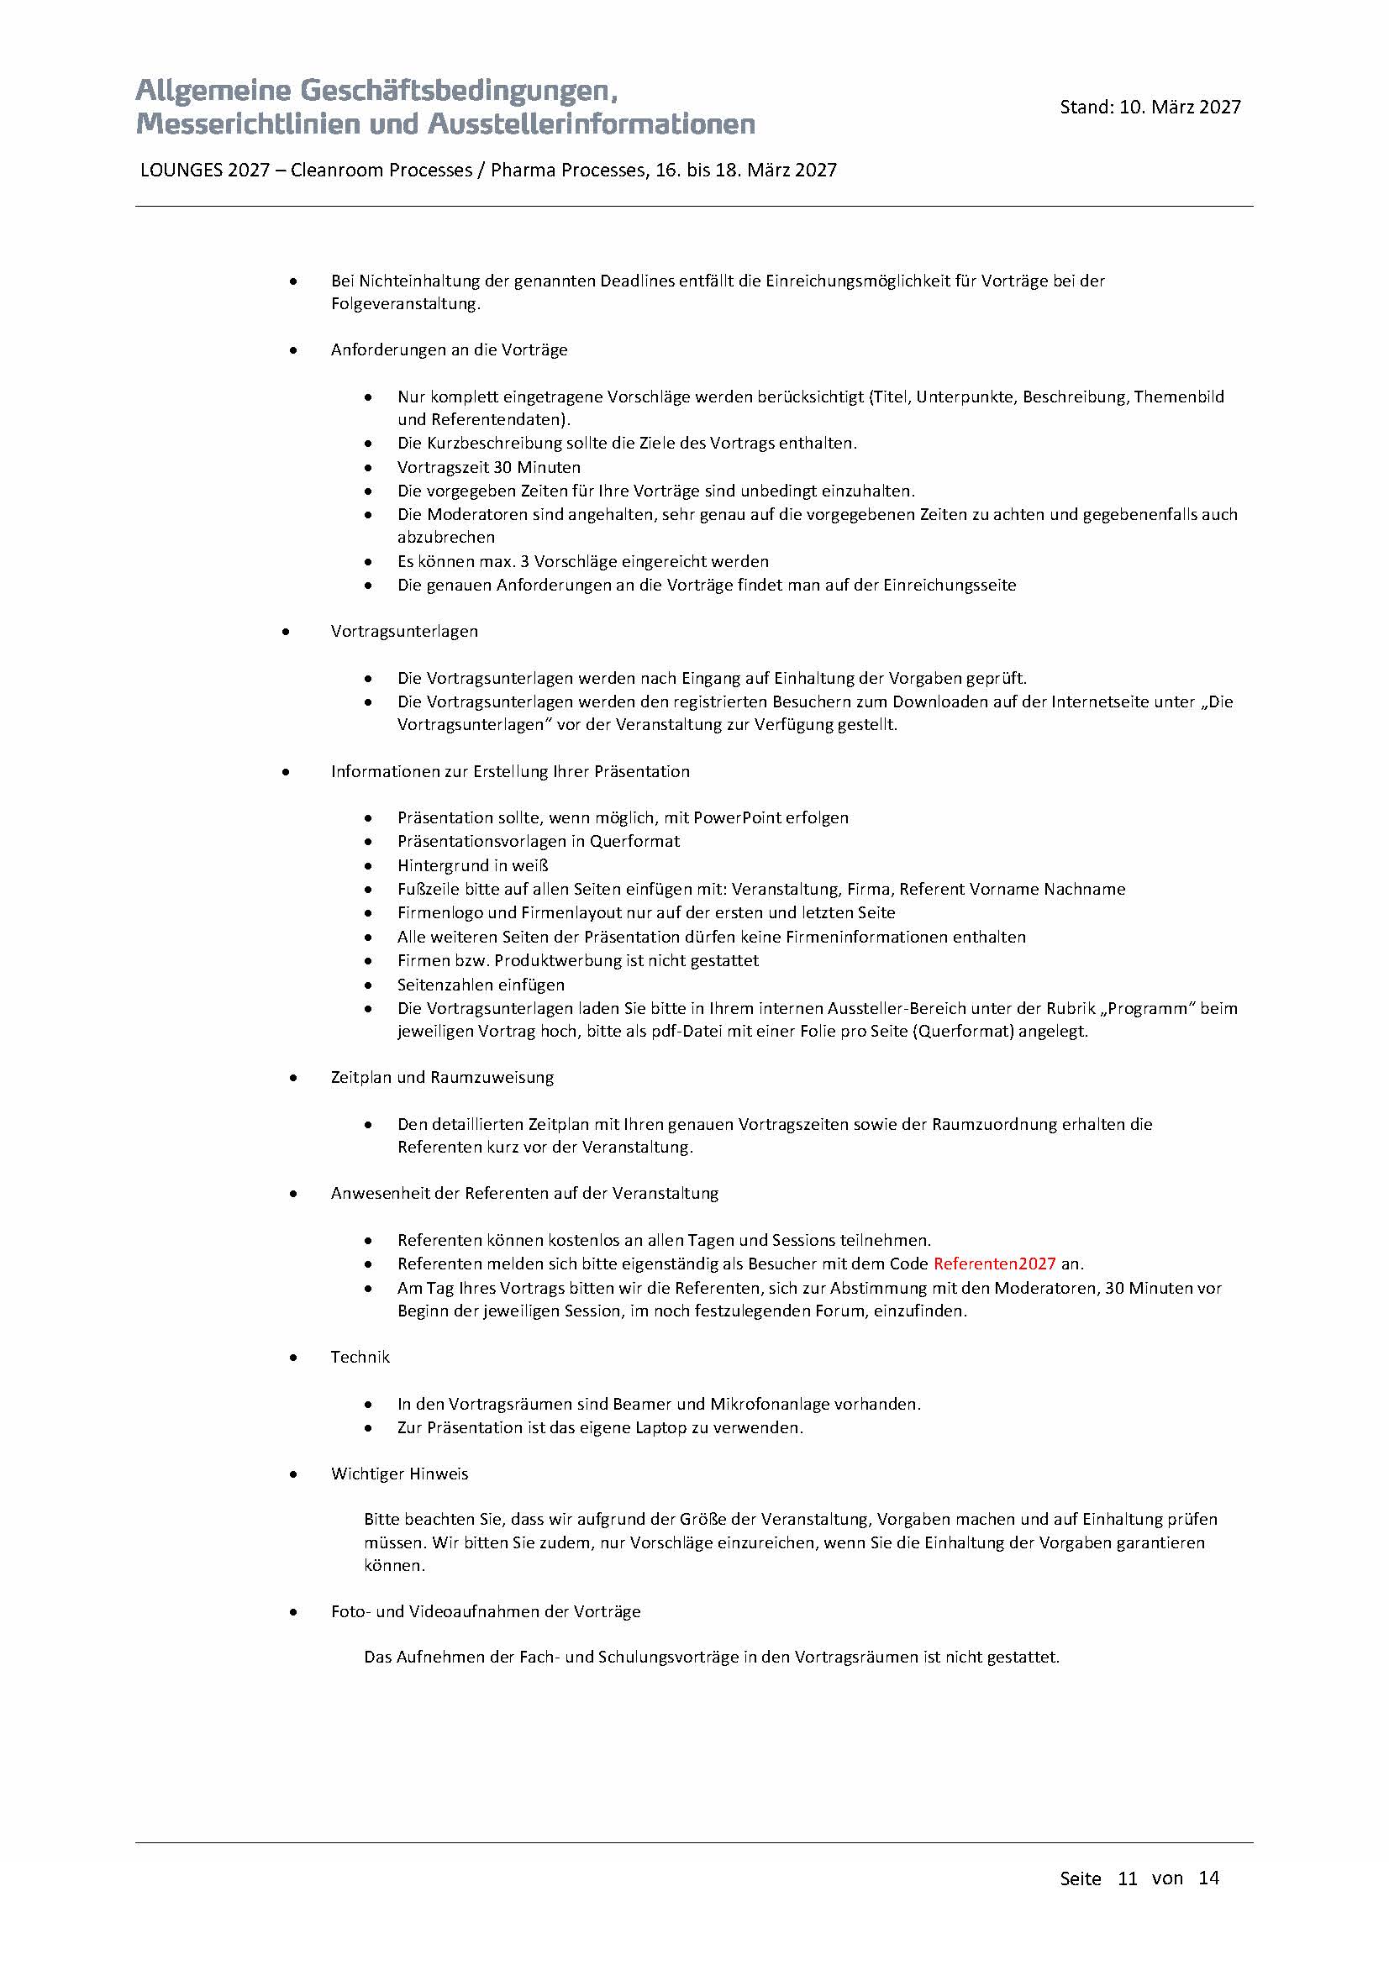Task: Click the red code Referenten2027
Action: (x=993, y=1264)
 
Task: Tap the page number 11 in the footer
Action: (x=1127, y=1878)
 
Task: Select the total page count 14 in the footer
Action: (x=1208, y=1878)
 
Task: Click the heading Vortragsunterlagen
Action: (x=404, y=631)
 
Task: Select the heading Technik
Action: (x=360, y=1357)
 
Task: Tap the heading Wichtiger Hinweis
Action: (x=400, y=1473)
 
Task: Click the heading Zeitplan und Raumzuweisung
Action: (x=442, y=1077)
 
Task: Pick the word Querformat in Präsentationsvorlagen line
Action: (x=634, y=841)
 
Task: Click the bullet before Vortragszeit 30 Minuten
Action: (x=368, y=467)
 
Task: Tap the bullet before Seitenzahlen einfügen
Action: (x=368, y=985)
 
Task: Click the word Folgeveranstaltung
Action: (x=405, y=304)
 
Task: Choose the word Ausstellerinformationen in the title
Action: (x=592, y=124)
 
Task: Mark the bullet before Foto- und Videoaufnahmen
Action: (x=293, y=1611)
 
